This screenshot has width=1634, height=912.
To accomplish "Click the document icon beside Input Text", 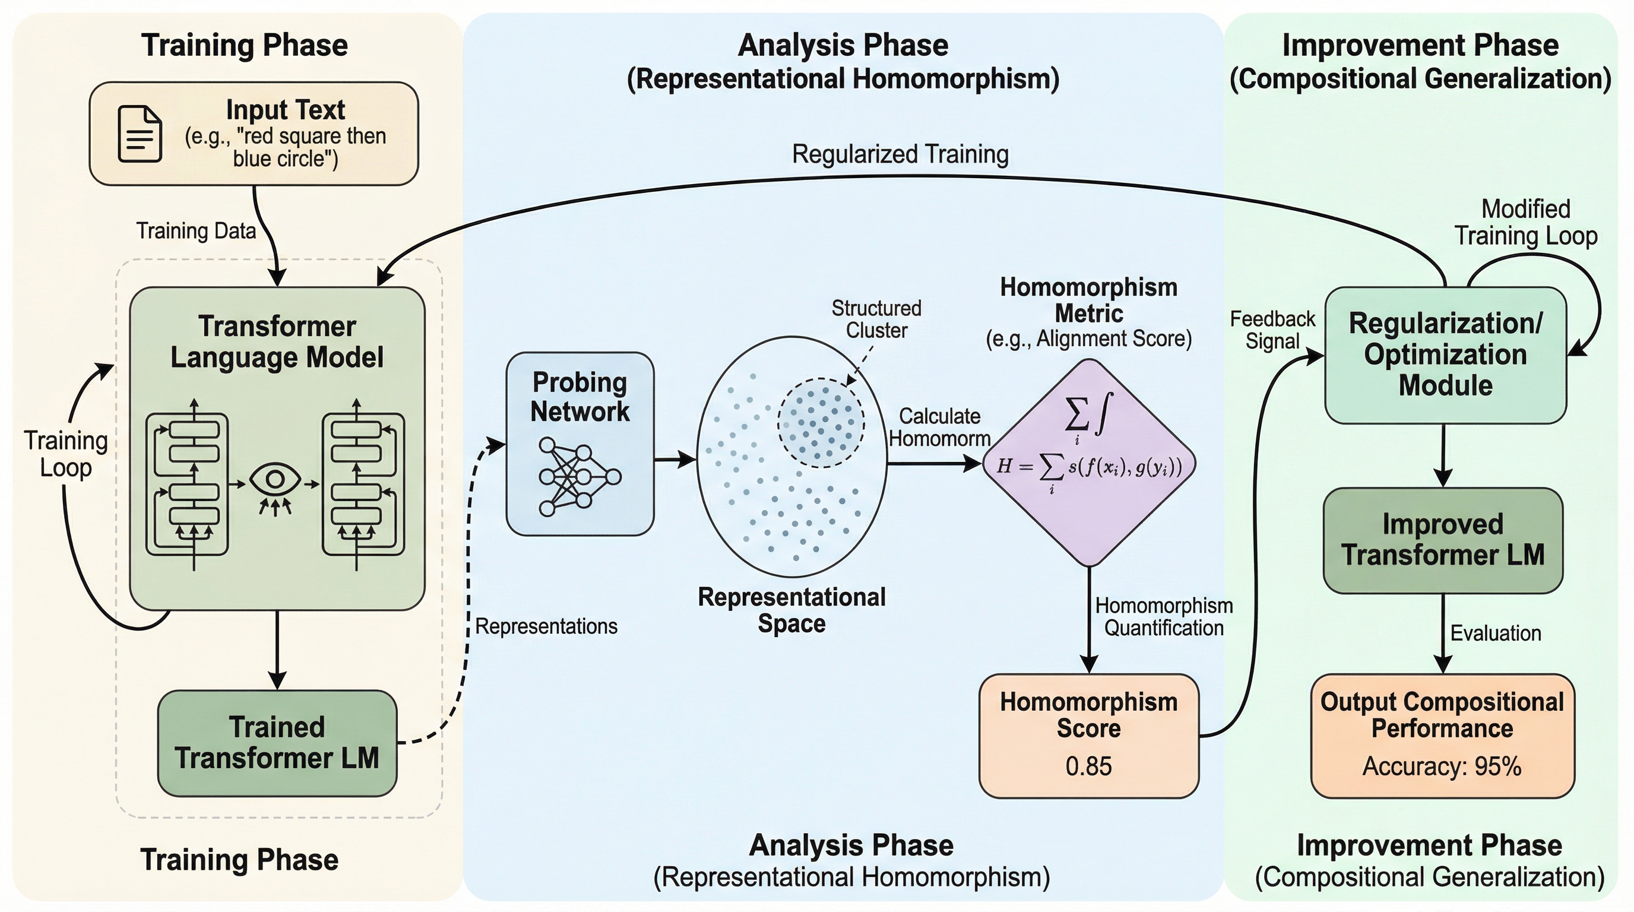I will [140, 134].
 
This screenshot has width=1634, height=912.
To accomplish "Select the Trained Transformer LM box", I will [277, 743].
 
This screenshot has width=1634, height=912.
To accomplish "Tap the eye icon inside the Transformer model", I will [275, 480].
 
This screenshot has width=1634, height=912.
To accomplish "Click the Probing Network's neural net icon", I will [578, 476].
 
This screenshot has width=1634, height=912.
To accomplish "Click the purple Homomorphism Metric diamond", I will [1088, 463].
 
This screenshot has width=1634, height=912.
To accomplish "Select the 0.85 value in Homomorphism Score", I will [1088, 766].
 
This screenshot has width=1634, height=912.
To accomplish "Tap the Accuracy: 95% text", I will [1442, 766].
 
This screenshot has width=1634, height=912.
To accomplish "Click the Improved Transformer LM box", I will [1443, 540].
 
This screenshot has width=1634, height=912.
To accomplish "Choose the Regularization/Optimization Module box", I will [1446, 354].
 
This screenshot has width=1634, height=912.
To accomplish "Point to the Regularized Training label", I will [900, 154].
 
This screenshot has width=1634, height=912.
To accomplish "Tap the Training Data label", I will [196, 230].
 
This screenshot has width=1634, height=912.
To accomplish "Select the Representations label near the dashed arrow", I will [546, 626].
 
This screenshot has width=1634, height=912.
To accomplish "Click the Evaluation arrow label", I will [1496, 633].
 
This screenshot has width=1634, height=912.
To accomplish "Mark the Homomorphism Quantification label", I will [1164, 616].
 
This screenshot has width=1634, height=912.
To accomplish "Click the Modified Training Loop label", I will [1525, 222].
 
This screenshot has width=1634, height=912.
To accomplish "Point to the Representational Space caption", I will [791, 610].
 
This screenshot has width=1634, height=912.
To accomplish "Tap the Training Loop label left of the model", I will [66, 454].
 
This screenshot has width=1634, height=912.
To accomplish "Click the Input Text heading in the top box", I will [286, 110].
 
